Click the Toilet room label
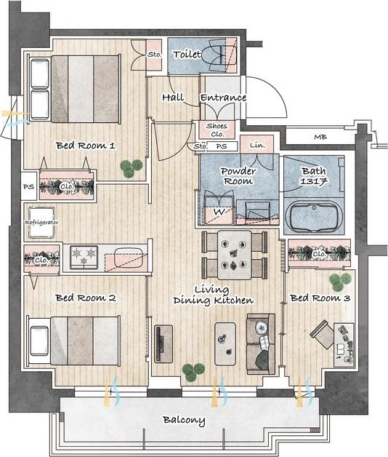pyautogui.click(x=187, y=55)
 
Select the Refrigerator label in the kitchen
pyautogui.click(x=41, y=223)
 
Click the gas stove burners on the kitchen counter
pyautogui.click(x=84, y=257)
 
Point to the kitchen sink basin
pyautogui.click(x=128, y=257)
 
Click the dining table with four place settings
pyautogui.click(x=234, y=255)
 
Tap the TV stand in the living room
pyautogui.click(x=163, y=344)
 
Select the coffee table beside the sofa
pyautogui.click(x=225, y=343)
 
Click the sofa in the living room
pyautogui.click(x=261, y=344)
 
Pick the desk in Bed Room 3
pyautogui.click(x=344, y=345)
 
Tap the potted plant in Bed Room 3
pyautogui.click(x=340, y=282)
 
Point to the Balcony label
pyautogui.click(x=184, y=420)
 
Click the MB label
pyautogui.click(x=320, y=137)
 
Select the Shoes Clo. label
pyautogui.click(x=217, y=130)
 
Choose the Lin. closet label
pyautogui.click(x=258, y=145)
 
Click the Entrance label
pyautogui.click(x=223, y=98)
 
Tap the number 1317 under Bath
pyautogui.click(x=314, y=181)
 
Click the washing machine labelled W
pyautogui.click(x=219, y=212)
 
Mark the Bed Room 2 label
pyautogui.click(x=86, y=298)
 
